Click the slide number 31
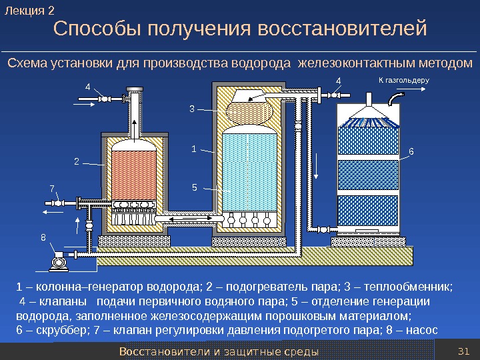[465, 351]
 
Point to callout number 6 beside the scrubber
[411, 151]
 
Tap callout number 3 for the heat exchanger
[192, 109]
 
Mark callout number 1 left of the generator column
[194, 149]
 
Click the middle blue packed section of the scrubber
[367, 175]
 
